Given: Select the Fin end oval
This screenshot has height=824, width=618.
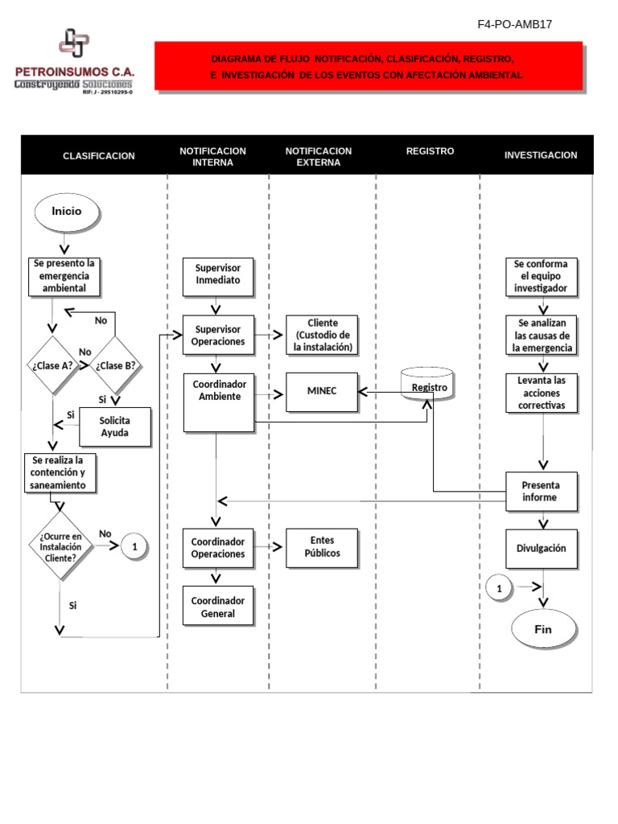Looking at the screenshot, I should click(x=544, y=628).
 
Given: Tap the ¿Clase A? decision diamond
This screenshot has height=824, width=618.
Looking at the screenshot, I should click(x=54, y=365).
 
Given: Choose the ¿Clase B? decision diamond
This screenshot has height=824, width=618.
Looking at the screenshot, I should click(x=115, y=365).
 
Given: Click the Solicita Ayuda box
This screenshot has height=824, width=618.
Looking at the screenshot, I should click(x=114, y=427).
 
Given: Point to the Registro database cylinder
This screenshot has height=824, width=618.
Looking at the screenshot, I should click(x=427, y=386).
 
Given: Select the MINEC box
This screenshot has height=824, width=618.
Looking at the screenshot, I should click(x=321, y=391).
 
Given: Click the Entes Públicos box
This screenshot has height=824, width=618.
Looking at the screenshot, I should click(x=321, y=547).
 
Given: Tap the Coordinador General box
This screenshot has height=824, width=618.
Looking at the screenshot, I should click(x=218, y=607).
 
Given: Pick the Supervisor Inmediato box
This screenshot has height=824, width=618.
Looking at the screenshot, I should click(x=218, y=275).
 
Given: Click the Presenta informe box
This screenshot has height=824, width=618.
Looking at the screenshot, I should click(x=541, y=491).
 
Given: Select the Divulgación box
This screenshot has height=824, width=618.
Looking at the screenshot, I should click(x=541, y=548).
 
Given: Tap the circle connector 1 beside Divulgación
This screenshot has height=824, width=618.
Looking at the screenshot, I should click(x=499, y=588).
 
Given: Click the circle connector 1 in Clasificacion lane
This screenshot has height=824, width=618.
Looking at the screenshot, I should click(x=135, y=547).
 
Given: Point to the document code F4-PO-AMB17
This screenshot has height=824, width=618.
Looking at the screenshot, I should click(x=514, y=24).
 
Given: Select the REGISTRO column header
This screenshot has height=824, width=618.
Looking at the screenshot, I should click(x=430, y=151).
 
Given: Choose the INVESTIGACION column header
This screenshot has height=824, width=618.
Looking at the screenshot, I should click(x=540, y=155).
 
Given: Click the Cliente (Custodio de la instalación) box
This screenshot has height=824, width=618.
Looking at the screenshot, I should click(x=322, y=335).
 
